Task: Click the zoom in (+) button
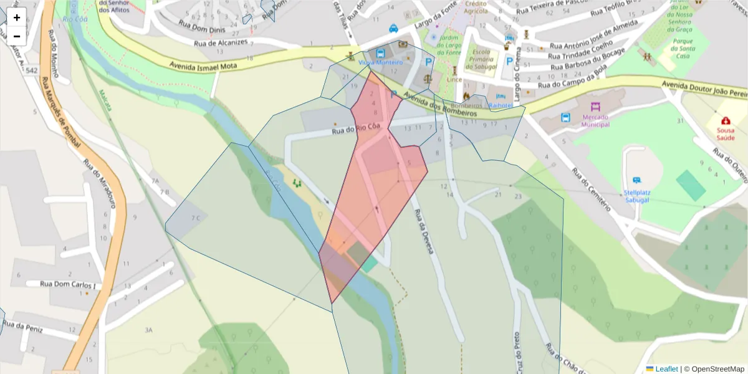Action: coord(17,17)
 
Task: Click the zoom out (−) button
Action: coord(17,36)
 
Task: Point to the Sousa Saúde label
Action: coord(725,133)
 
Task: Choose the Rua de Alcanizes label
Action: coord(221,43)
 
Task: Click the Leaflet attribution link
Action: coord(666,369)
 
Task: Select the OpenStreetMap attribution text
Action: coord(717,369)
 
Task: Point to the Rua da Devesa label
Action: coord(423,231)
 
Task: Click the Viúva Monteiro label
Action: coord(381,62)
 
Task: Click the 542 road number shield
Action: coord(32,71)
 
